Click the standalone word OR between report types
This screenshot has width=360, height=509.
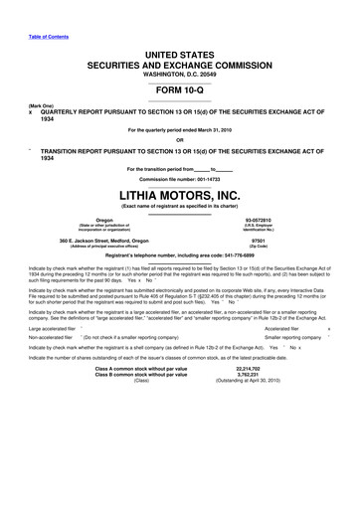tap(179, 140)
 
